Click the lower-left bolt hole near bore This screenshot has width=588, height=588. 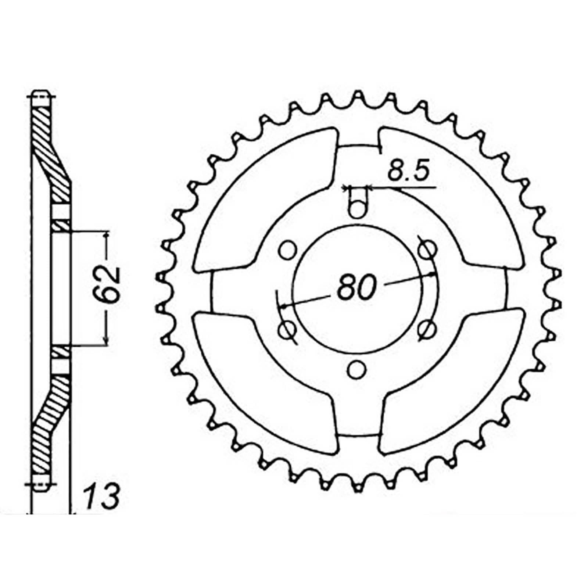287,330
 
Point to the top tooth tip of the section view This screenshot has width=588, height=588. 41,94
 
